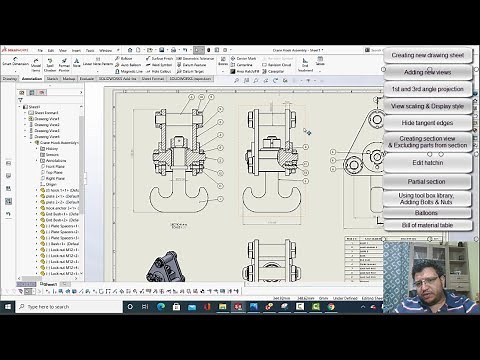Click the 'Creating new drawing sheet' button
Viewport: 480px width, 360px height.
point(427,55)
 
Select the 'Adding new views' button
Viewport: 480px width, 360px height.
point(427,72)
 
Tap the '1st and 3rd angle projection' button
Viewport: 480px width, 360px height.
point(427,89)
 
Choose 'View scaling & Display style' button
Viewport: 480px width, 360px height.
point(427,106)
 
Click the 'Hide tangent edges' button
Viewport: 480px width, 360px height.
point(427,122)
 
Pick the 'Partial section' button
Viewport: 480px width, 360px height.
point(427,181)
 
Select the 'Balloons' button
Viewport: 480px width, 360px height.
point(427,213)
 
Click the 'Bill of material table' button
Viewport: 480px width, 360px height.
point(427,226)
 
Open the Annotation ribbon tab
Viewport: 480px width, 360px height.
point(34,77)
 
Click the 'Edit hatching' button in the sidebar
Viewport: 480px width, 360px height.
point(427,163)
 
